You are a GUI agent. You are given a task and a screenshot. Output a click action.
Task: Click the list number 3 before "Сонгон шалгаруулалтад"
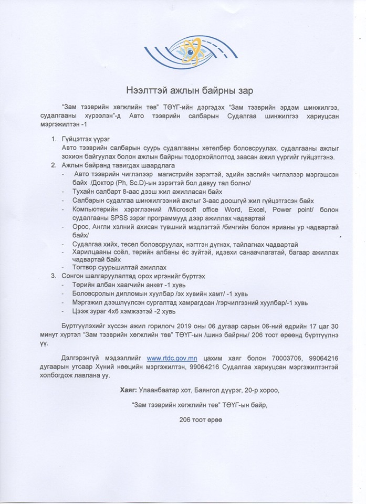point(53,276)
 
